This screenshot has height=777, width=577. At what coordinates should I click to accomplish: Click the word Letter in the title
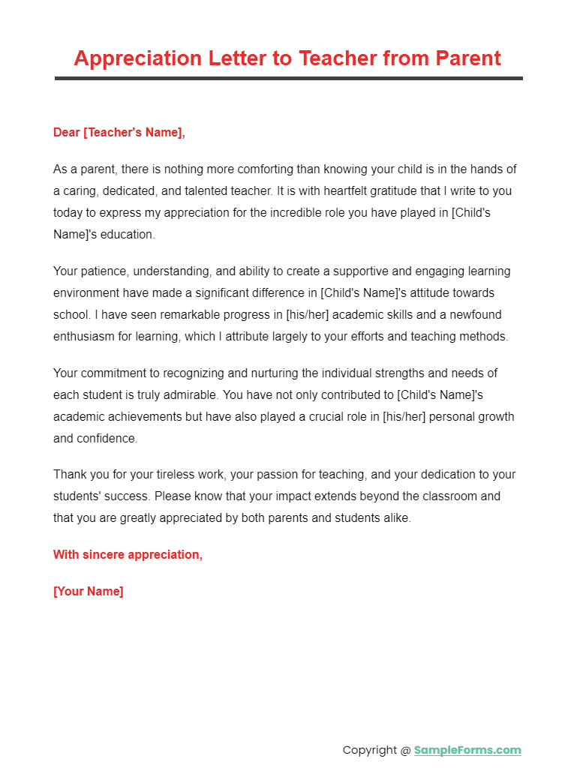click(x=252, y=58)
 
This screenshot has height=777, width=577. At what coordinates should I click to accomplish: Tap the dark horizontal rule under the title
click(x=288, y=78)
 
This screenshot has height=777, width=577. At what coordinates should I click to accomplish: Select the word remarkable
click(x=195, y=314)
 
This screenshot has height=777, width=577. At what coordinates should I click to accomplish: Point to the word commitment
click(x=115, y=373)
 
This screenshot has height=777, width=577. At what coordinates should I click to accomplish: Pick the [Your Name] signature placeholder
click(x=89, y=591)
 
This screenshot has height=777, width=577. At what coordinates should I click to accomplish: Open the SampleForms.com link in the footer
click(x=467, y=750)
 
